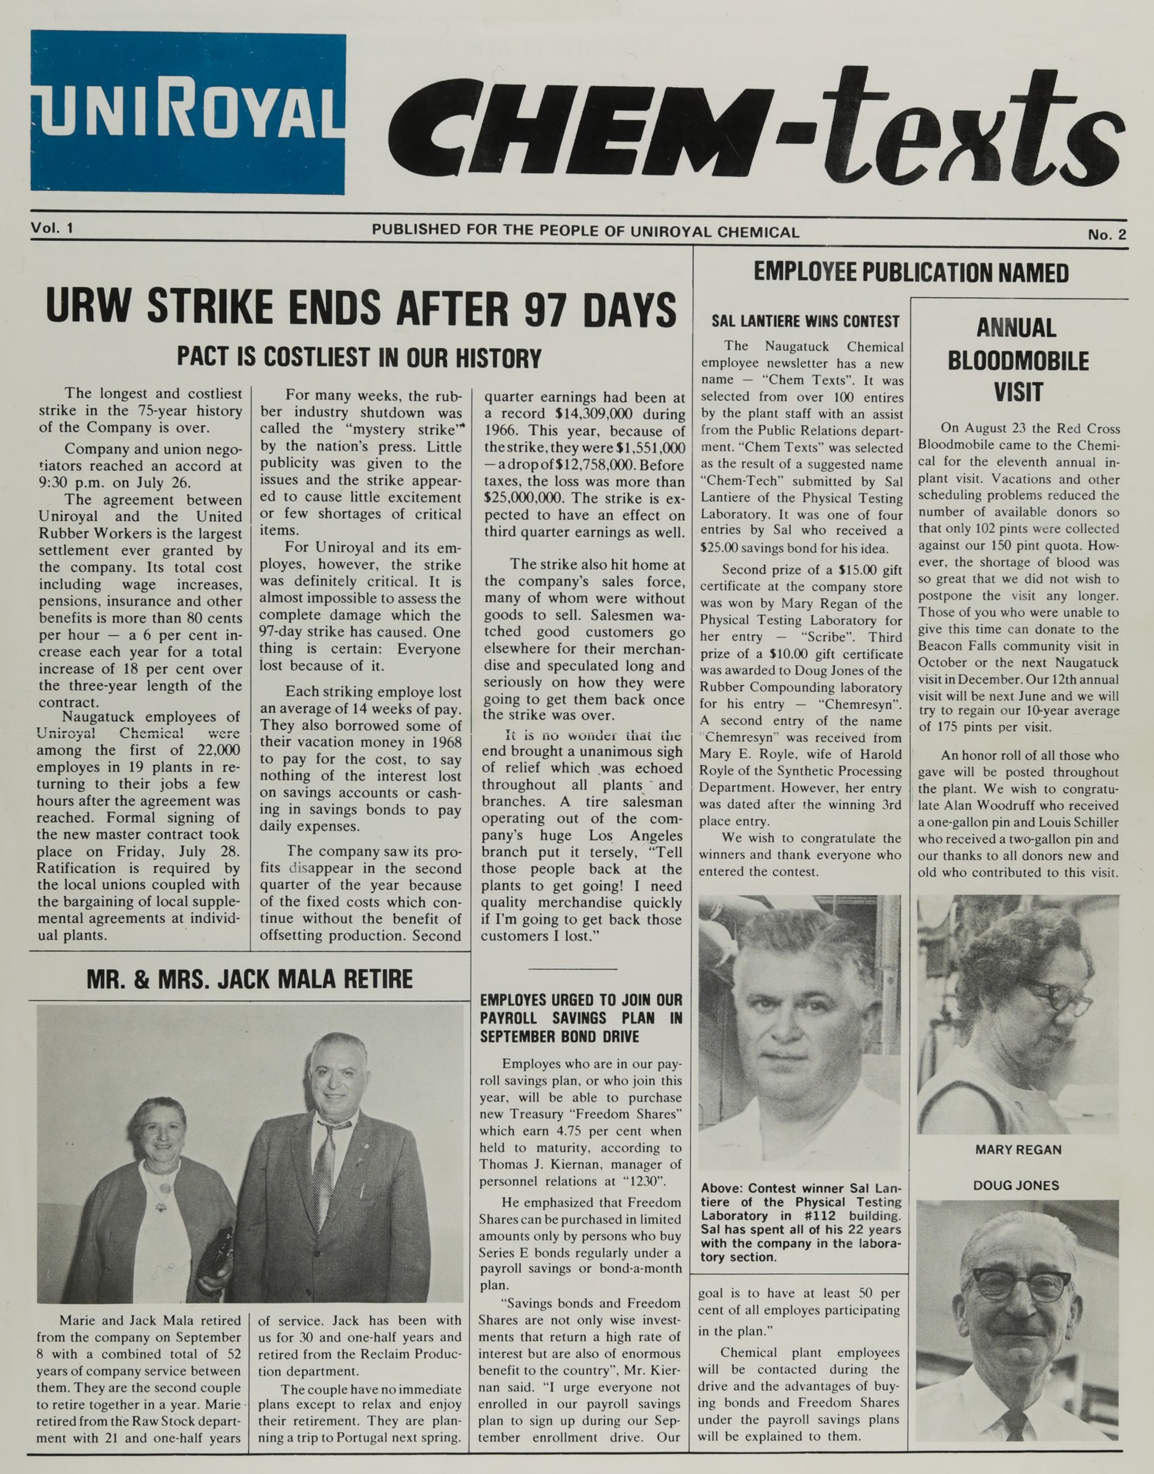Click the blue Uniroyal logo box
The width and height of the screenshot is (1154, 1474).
[x=188, y=112]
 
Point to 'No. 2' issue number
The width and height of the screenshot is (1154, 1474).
[x=1106, y=235]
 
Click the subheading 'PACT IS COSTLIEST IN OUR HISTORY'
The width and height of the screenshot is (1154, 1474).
[x=359, y=357]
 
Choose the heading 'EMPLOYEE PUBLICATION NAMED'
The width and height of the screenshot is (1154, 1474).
[x=911, y=272]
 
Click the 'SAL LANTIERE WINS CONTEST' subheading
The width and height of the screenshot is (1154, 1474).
[x=805, y=321]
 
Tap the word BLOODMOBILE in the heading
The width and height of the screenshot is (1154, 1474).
[x=1018, y=361]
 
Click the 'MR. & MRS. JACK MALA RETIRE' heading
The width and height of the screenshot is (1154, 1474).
[x=249, y=979]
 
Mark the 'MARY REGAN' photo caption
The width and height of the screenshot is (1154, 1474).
[x=1018, y=1150]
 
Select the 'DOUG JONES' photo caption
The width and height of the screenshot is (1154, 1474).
[x=1016, y=1185]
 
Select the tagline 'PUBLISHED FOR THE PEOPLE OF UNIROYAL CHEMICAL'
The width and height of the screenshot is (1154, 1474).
[x=585, y=231]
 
